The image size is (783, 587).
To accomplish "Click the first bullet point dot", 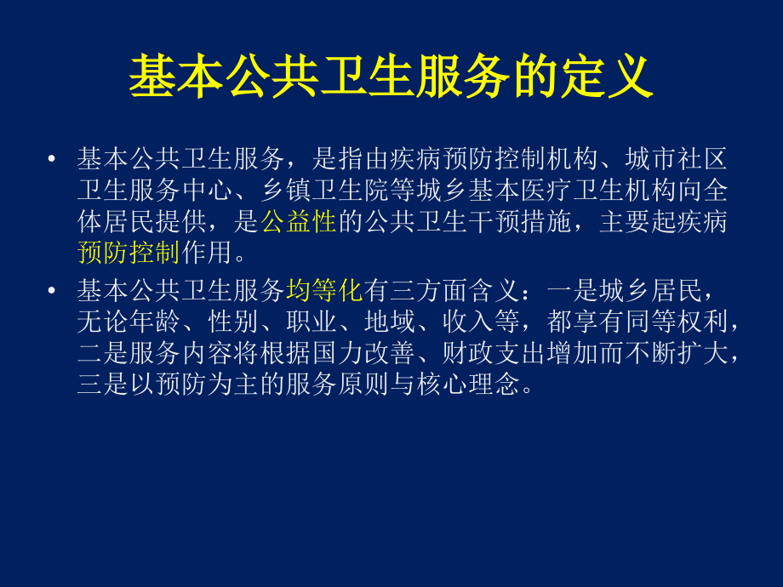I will click(x=54, y=158).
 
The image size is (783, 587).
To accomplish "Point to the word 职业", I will click(x=338, y=323).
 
